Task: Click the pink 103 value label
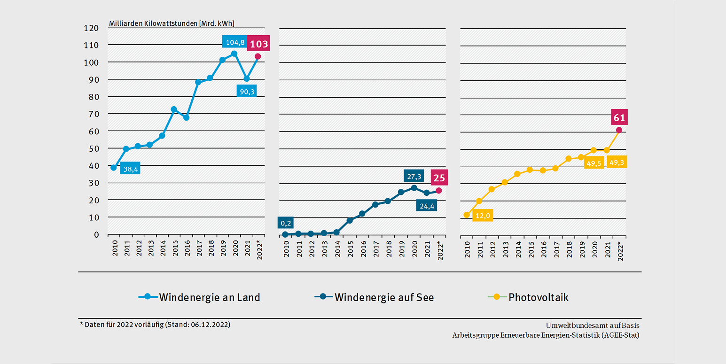[x=259, y=45]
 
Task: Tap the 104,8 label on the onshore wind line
[x=235, y=42]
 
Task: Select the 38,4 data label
[x=130, y=168]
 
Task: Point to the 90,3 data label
[x=247, y=91]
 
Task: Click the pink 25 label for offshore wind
[x=439, y=178]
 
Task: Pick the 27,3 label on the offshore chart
[x=414, y=176]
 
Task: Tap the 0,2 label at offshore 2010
[x=286, y=223]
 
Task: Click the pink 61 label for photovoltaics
[x=619, y=118]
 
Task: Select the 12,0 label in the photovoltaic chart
[x=483, y=216]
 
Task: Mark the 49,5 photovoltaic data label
[x=594, y=163]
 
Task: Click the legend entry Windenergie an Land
[x=199, y=297]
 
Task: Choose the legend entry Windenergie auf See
[x=375, y=297]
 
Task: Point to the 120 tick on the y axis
[x=92, y=28]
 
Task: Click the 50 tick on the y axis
[x=94, y=148]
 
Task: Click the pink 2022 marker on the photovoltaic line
[x=619, y=130]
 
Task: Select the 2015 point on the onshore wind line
[x=174, y=109]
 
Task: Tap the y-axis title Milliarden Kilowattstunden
[x=172, y=23]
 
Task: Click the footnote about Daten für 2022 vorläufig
[x=155, y=325]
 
